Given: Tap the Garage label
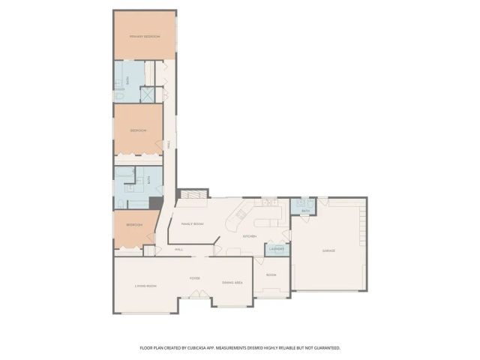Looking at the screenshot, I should [328, 250].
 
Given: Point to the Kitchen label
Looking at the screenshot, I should [250, 236].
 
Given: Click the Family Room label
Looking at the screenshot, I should [193, 224].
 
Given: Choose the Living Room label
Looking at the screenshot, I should [145, 286].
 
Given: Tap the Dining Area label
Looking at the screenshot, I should [232, 283].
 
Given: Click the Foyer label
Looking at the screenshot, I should [194, 278].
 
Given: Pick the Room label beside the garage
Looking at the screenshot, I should [271, 275].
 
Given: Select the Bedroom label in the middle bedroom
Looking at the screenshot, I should [137, 130].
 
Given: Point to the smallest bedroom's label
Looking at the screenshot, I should [134, 225].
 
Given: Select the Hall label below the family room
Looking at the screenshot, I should [179, 250].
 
